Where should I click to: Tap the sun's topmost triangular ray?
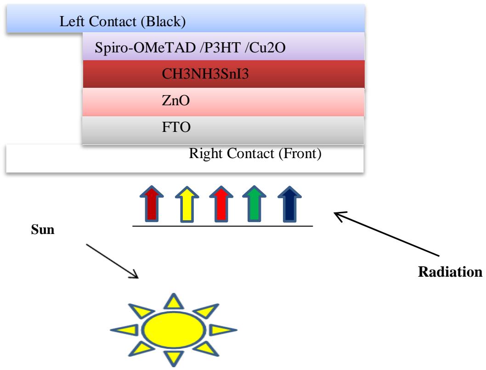[x=173, y=301]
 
